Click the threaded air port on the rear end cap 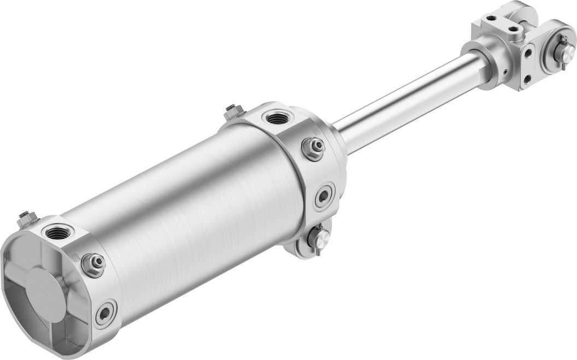click(57, 233)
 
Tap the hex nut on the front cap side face click(314, 147)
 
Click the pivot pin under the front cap click(319, 238)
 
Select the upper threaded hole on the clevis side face click(528, 53)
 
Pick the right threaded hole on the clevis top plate click(514, 29)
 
